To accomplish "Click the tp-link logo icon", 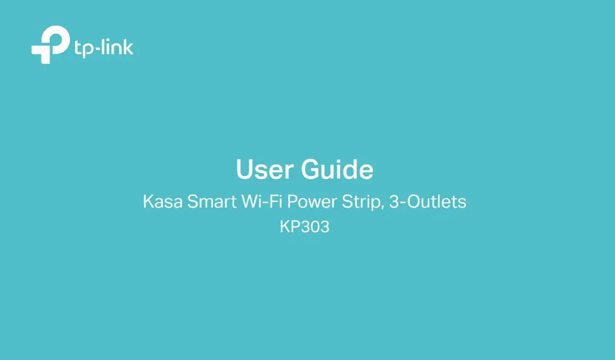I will [50, 45].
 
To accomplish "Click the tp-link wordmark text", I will [103, 48].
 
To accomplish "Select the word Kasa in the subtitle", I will [162, 202].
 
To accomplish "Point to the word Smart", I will [211, 202].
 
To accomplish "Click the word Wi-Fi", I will [262, 202].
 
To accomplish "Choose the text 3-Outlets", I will [428, 202].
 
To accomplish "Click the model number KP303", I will [305, 227].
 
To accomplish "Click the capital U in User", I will [244, 170].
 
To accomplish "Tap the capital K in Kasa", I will [148, 202].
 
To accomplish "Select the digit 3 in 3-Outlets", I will [394, 202].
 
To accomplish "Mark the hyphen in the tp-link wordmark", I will [94, 49].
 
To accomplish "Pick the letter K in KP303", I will [285, 227].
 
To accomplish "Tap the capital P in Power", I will [292, 202].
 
